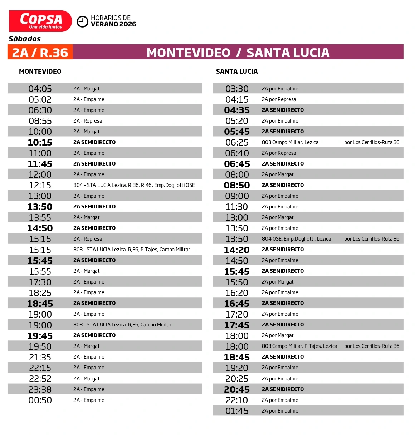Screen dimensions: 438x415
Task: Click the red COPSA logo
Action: [40, 21]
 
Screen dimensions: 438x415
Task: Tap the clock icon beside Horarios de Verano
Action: [83, 21]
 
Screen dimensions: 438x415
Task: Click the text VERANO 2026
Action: [113, 24]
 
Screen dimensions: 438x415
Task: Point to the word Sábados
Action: [25, 39]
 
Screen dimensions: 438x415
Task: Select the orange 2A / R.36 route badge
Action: [40, 53]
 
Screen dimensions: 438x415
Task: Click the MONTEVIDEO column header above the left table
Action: [40, 72]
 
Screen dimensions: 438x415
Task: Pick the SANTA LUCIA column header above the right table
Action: [237, 72]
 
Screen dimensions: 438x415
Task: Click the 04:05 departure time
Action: [40, 89]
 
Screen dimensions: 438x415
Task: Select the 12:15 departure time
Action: [40, 185]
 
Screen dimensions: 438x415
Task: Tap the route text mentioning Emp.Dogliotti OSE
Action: [134, 185]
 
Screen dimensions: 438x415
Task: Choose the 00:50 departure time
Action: [40, 400]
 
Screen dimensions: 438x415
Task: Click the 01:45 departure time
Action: [237, 411]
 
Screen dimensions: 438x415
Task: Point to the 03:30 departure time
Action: [237, 89]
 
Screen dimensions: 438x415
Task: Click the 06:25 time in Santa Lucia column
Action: [237, 142]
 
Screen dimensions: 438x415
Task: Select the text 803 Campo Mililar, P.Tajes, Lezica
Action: [299, 346]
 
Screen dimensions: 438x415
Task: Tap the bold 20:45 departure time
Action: [237, 389]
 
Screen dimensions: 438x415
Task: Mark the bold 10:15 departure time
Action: [40, 142]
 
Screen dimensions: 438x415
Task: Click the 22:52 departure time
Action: [40, 379]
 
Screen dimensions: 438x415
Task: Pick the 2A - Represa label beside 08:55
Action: [88, 121]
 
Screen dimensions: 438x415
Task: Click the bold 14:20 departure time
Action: [237, 250]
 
